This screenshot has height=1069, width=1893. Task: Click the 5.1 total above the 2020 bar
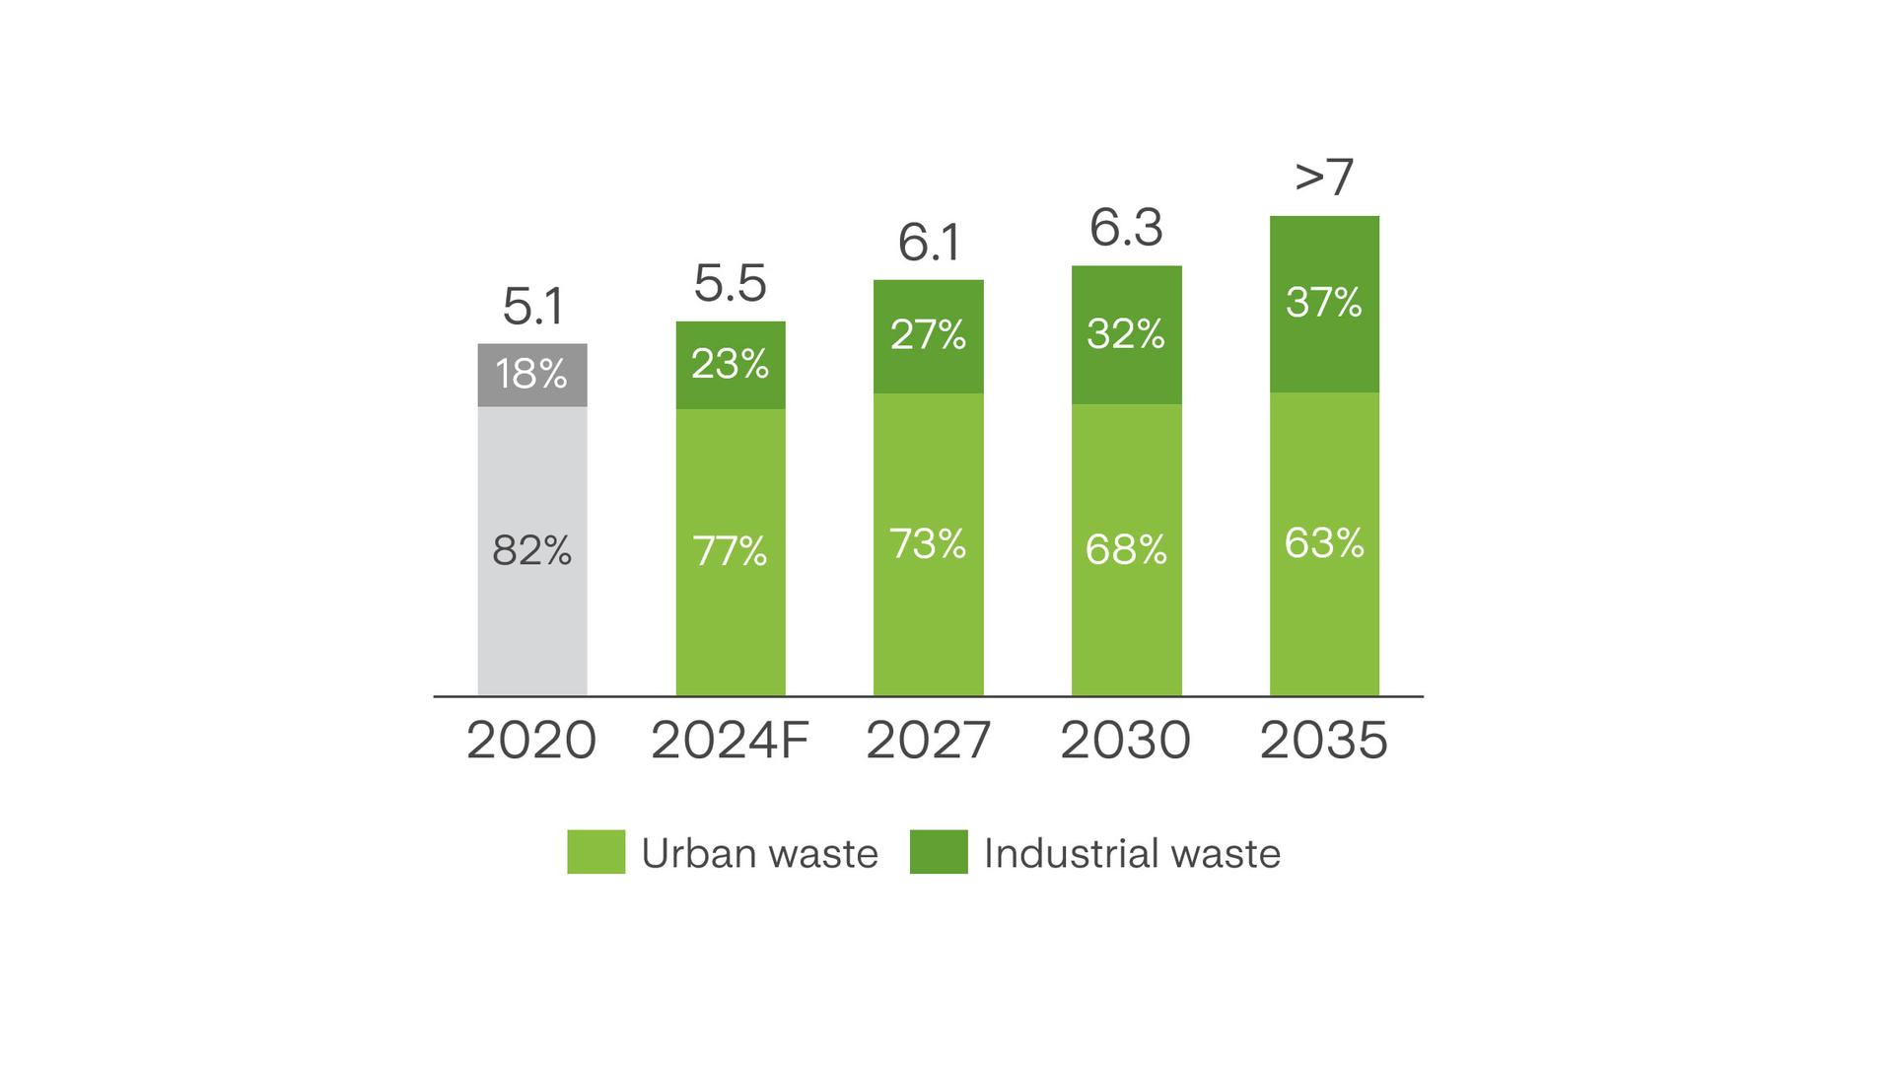[x=532, y=307]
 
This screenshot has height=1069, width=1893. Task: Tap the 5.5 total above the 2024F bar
[x=730, y=284]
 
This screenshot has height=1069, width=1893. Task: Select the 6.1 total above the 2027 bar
[x=929, y=243]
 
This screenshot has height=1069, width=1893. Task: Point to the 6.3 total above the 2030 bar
[x=1126, y=229]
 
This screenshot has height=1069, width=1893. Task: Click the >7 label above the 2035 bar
[x=1324, y=178]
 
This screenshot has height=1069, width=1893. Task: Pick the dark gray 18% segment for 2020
[x=532, y=375]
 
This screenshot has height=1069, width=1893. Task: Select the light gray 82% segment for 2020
[x=532, y=550]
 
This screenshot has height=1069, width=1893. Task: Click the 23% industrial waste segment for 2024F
[x=731, y=365]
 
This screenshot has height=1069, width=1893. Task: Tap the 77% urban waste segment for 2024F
[x=731, y=551]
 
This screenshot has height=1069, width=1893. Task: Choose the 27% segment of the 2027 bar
[x=929, y=335]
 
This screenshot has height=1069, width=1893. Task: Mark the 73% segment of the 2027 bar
[x=929, y=543]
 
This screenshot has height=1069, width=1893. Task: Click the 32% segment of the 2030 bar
[x=1126, y=334]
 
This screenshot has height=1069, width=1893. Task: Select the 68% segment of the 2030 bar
[x=1126, y=549]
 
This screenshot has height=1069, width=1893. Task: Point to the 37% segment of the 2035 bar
[x=1324, y=303]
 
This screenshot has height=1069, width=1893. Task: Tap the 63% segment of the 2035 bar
[x=1324, y=543]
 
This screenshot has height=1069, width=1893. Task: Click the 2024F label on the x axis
[x=730, y=741]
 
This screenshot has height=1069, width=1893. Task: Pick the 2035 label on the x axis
[x=1324, y=741]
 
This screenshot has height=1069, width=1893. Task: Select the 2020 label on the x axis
[x=531, y=741]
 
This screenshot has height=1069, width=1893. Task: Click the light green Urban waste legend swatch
[x=596, y=852]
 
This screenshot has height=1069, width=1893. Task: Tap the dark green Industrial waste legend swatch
[x=939, y=852]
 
